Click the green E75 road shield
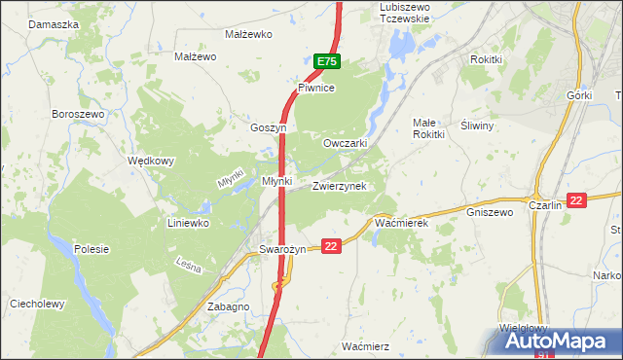[x=326, y=62]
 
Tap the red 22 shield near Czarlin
[x=577, y=200]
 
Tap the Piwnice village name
[x=316, y=88]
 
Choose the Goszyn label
[x=269, y=127]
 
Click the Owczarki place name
[x=345, y=143]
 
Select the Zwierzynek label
[x=339, y=185]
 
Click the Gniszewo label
[x=490, y=211]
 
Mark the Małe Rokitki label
[x=429, y=128]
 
